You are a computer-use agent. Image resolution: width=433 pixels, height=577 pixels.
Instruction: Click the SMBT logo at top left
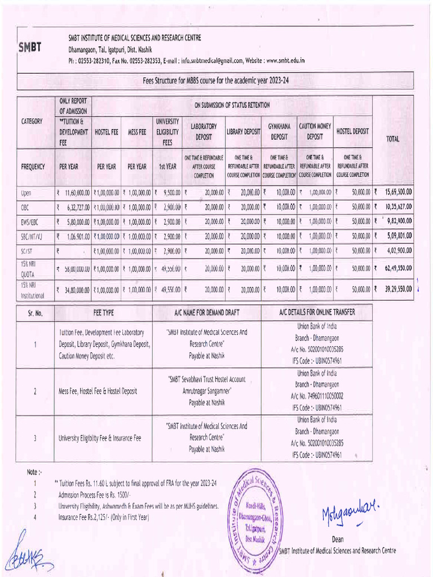[30, 47]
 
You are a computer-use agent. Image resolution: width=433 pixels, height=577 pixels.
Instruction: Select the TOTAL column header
[393, 139]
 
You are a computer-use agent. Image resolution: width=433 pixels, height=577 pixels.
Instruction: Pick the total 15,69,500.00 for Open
[394, 193]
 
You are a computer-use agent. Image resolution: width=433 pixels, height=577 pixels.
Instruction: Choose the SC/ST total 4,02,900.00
[395, 251]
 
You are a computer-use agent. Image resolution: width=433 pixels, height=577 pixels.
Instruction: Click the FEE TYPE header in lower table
[103, 312]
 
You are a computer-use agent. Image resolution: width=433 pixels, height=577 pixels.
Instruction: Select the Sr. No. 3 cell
[36, 438]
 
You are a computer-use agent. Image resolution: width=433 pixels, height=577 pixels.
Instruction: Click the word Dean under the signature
[338, 539]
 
